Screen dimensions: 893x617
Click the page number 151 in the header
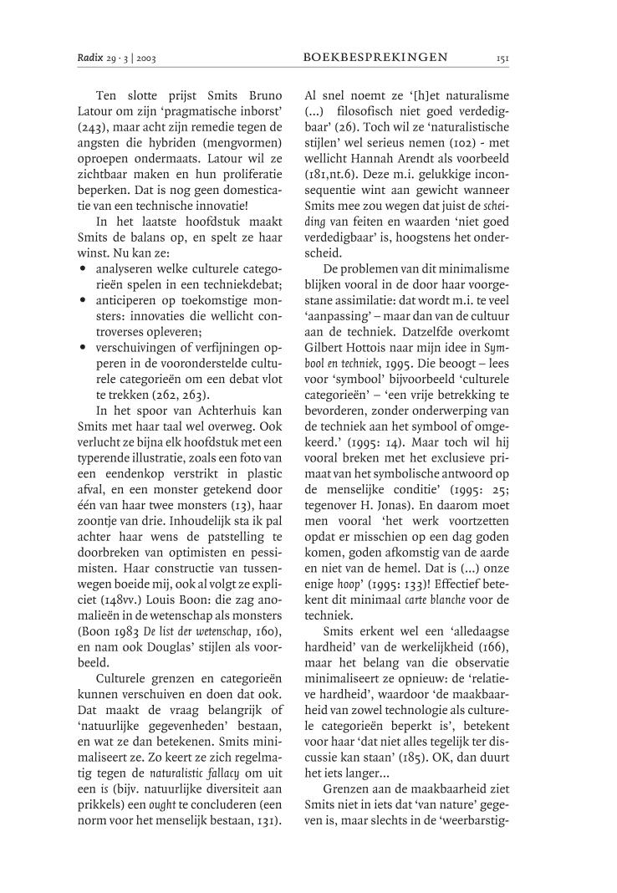tap(502, 58)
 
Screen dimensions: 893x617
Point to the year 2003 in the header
tap(144, 58)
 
